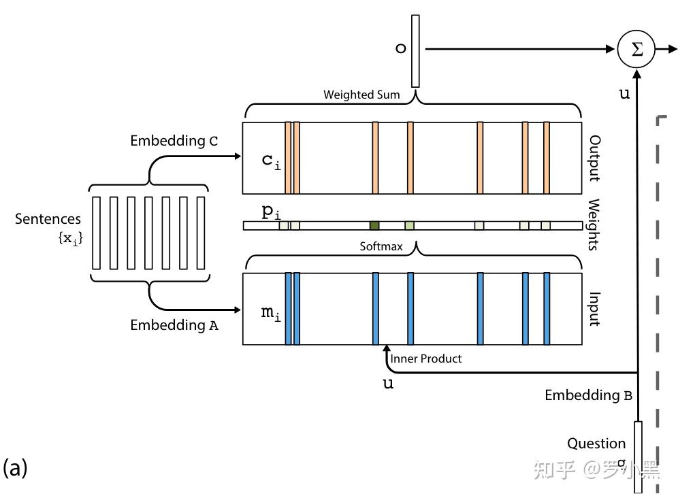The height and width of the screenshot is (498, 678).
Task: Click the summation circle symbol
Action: pos(636,49)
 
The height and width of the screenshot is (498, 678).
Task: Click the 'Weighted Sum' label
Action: pos(361,95)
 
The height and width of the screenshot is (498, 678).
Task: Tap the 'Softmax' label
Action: pos(381,246)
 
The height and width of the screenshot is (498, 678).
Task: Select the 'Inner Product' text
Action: pos(426,359)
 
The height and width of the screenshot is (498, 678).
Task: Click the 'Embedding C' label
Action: pos(174,141)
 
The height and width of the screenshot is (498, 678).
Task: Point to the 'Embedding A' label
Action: pos(174,325)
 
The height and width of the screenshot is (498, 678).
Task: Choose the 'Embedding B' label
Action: pos(589,395)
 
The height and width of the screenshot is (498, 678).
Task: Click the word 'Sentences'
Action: pos(48,219)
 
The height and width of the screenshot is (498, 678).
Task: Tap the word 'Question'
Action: pos(596,443)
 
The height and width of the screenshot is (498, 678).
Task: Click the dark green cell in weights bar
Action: pos(374,225)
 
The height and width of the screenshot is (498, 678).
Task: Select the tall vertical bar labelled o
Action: pos(415,51)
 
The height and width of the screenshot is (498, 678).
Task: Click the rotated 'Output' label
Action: pos(594,159)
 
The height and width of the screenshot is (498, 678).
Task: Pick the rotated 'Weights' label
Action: pos(594,225)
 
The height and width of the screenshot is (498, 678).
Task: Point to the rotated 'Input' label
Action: pos(594,309)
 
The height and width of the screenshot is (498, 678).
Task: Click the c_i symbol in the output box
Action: pos(271,161)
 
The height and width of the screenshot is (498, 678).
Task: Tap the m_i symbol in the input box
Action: pos(271,312)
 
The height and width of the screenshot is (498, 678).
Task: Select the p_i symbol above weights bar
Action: pos(271,212)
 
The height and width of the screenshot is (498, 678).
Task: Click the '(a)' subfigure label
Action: pos(15,467)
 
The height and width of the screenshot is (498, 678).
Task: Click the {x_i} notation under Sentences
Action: pos(70,238)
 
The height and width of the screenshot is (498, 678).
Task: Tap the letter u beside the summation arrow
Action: pos(624,94)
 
